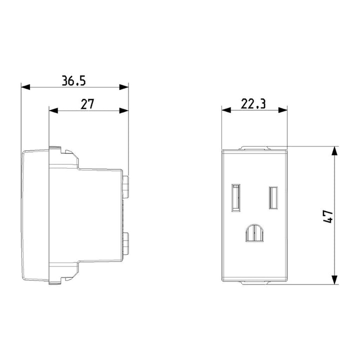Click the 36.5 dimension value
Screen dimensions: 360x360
coord(74,80)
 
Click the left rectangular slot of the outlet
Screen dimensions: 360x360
coord(235,197)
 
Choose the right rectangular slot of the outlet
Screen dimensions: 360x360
coord(273,197)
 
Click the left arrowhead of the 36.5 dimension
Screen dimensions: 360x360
coord(25,87)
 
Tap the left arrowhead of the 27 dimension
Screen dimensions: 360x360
coord(53,110)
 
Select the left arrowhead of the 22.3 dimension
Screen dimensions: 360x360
coord(226,110)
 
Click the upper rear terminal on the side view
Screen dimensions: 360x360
coord(126,184)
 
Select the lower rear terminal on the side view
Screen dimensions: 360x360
coord(126,243)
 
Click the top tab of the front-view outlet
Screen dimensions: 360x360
coord(254,147)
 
